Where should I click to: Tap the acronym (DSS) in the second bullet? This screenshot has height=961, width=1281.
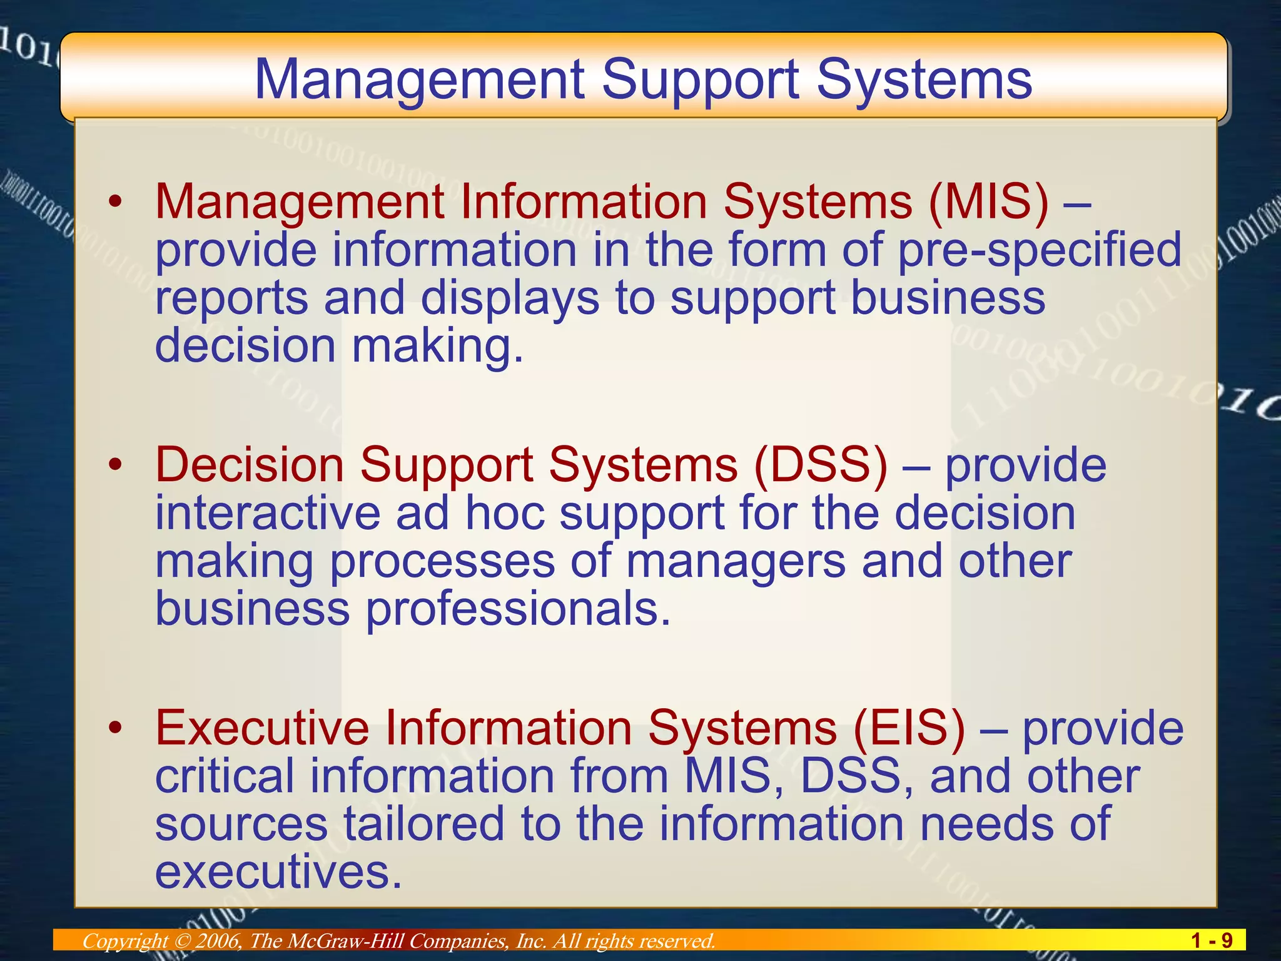point(821,465)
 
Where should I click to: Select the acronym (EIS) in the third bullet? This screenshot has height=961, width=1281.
point(909,728)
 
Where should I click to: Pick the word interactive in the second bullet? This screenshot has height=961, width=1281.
point(268,513)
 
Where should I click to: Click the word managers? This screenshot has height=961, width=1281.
point(736,561)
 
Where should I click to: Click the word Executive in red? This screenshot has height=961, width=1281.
point(262,728)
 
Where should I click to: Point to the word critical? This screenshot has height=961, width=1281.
point(225,776)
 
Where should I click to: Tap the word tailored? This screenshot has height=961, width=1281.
point(424,824)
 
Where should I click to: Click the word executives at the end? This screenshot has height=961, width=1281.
point(278,872)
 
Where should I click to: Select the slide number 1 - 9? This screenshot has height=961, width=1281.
point(1212,940)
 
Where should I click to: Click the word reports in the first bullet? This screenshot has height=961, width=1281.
point(231,298)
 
